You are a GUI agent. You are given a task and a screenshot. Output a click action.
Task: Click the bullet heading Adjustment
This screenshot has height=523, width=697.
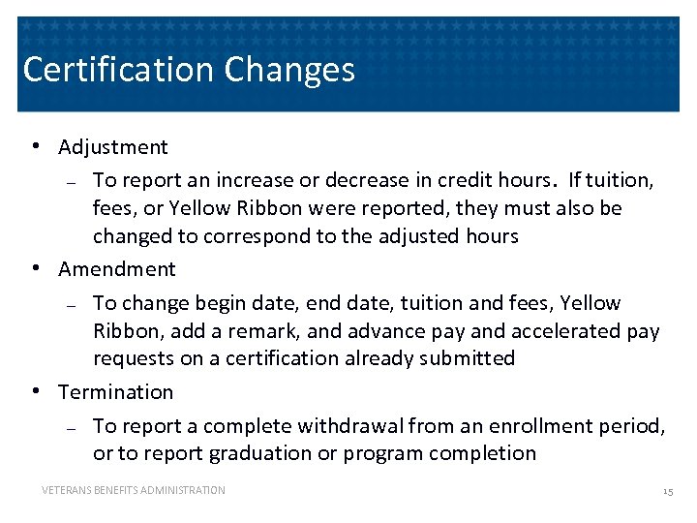[x=113, y=147]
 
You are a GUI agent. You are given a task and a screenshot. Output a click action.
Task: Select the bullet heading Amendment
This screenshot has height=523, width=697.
[x=117, y=269]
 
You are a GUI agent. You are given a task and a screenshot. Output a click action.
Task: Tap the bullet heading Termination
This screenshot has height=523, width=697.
[x=116, y=392]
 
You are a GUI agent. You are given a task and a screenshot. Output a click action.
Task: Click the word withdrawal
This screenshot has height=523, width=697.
[x=350, y=426]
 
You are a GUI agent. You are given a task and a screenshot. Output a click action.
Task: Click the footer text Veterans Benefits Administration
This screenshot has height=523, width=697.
[x=134, y=491]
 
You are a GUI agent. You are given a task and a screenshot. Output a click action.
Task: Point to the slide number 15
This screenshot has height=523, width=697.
[x=667, y=492]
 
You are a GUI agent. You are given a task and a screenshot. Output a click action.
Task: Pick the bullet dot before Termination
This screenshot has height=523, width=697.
[x=35, y=391]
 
